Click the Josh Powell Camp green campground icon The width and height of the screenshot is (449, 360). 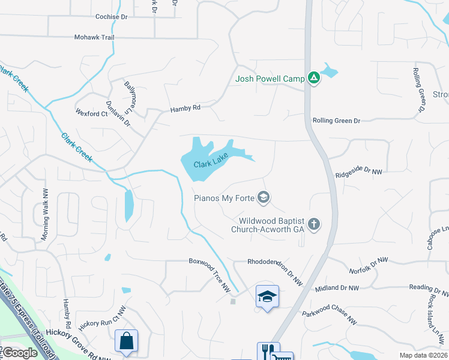(313, 78)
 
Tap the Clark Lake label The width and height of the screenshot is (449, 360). (209, 163)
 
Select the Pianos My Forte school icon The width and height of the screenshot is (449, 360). (263, 197)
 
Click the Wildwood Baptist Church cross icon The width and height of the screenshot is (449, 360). (313, 224)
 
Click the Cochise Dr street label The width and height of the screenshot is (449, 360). (112, 17)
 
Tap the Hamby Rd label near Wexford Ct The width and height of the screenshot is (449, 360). (185, 108)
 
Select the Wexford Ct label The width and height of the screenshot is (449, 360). (91, 113)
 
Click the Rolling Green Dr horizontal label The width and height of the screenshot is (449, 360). (336, 121)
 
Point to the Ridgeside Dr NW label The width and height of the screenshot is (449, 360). (358, 172)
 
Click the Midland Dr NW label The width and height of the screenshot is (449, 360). (337, 289)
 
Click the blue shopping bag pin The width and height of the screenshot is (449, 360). (126, 341)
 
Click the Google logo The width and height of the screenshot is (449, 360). (20, 353)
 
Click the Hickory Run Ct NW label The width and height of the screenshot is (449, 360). (100, 323)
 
